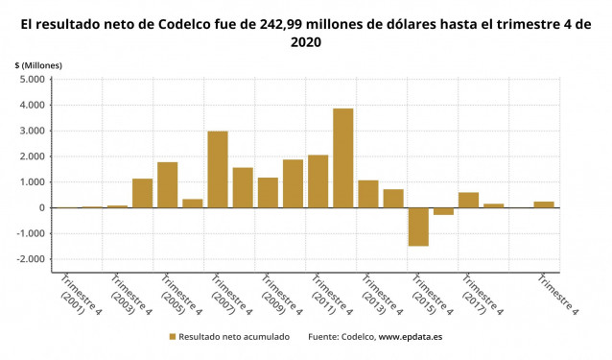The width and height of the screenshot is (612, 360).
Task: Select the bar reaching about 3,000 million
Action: click(218, 169)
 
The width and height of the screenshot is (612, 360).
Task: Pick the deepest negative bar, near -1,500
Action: click(418, 227)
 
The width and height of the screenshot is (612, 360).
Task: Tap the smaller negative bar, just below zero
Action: click(443, 211)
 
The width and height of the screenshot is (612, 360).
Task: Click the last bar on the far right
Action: click(544, 204)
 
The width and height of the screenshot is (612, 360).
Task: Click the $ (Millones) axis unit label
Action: click(38, 64)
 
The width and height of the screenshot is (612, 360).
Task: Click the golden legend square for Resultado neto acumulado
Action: click(173, 337)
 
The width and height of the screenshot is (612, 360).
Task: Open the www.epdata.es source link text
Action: click(411, 337)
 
